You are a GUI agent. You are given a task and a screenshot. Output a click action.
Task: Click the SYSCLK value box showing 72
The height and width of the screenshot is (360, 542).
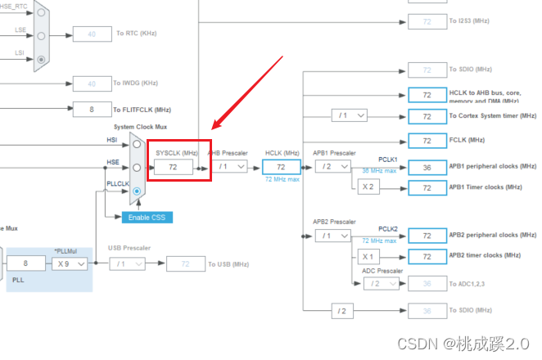(174, 166)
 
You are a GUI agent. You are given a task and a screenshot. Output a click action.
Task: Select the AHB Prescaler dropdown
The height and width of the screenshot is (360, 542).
(231, 166)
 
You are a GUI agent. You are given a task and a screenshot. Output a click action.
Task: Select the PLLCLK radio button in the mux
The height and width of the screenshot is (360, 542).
(136, 191)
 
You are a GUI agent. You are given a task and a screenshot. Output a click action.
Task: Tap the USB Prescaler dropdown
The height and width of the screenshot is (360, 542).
(129, 263)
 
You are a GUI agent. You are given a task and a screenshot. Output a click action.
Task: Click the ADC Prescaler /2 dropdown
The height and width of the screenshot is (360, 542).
(381, 283)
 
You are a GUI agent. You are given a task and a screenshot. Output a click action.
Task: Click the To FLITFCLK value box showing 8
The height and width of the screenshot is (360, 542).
(92, 109)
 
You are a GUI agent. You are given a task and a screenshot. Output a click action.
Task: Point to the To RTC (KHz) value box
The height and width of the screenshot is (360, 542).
(92, 34)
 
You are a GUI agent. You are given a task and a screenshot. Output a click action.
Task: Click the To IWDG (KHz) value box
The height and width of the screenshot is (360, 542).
(92, 83)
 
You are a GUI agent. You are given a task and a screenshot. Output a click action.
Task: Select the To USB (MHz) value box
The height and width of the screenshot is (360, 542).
(185, 263)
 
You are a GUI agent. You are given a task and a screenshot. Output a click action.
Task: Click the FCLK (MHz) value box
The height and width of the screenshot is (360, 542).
(427, 140)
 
